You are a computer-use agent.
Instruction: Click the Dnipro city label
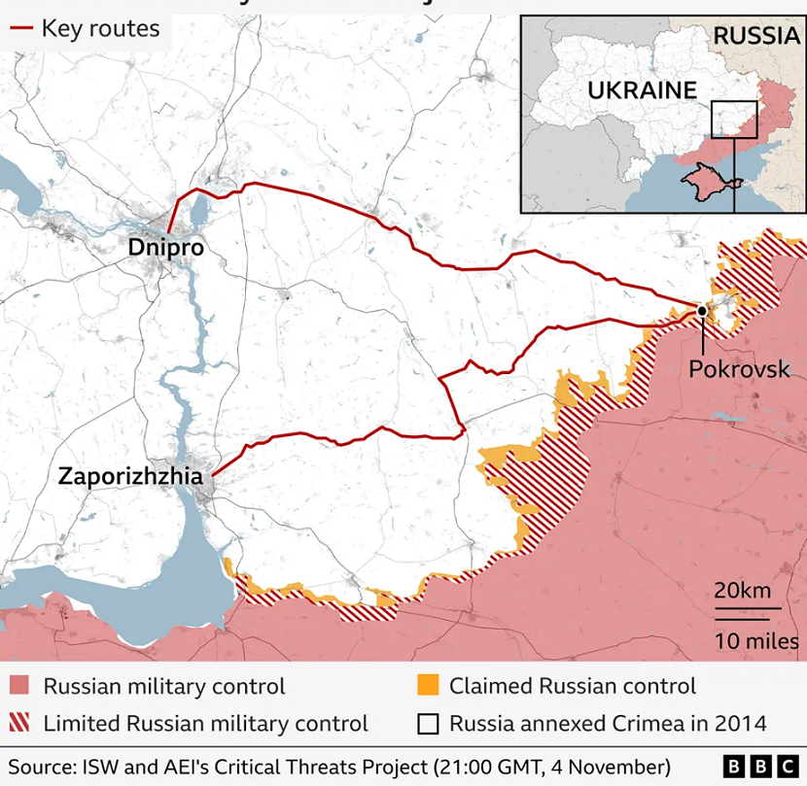(166, 248)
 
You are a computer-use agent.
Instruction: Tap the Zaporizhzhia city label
(130, 476)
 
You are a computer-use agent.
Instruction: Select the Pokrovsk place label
(739, 369)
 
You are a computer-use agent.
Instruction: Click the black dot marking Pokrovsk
(701, 311)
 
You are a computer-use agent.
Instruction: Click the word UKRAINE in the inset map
(642, 90)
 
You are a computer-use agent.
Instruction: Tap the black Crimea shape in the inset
(709, 181)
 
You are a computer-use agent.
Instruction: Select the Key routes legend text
(100, 28)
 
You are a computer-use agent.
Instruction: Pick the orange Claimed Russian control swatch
(426, 687)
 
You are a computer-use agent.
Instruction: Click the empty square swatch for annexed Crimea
(426, 724)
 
